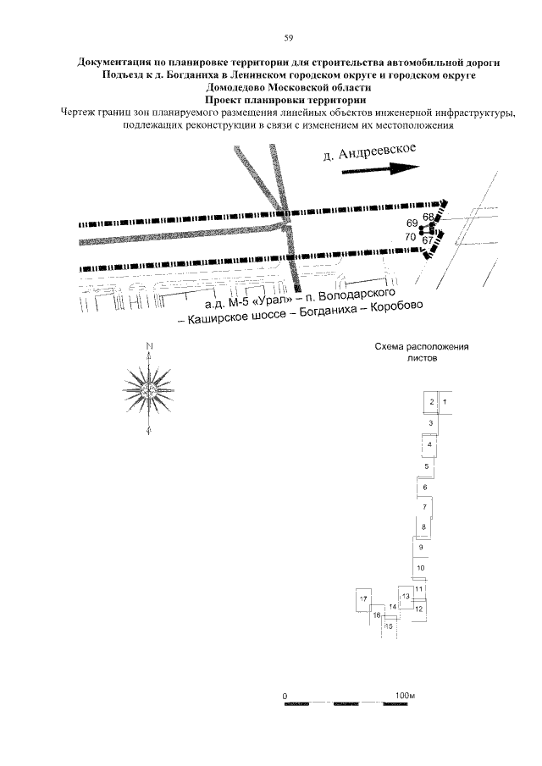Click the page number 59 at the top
coord(288,38)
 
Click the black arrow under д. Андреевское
coord(380,169)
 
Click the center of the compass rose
coord(148,390)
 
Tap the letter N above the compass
coord(149,346)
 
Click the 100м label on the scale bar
coord(405,695)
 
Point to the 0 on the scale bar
coord(285,696)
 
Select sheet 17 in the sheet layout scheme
coord(363,599)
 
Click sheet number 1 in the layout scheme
coord(445,402)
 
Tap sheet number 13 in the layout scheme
coord(406,597)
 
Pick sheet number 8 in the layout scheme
coord(423,527)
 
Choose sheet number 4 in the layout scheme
coord(429,444)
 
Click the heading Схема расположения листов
coord(421,352)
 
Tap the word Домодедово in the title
coord(233,88)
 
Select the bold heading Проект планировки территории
coord(285,100)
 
